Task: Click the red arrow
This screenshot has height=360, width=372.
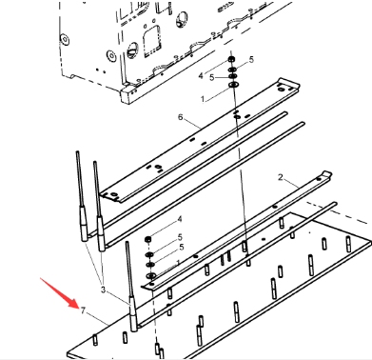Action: tap(59, 293)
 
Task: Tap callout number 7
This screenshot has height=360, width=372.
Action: tap(83, 310)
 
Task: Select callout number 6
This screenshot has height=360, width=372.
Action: tap(181, 117)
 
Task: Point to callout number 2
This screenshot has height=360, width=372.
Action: tap(281, 177)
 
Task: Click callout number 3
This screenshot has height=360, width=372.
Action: tap(103, 290)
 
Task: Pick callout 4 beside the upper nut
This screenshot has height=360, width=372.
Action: tap(201, 76)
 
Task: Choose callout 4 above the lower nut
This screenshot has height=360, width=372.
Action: tap(180, 219)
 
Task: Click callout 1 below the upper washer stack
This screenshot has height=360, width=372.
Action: tap(203, 99)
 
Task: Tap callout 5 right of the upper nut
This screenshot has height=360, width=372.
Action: tap(251, 59)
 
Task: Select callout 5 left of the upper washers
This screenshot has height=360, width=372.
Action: tap(211, 78)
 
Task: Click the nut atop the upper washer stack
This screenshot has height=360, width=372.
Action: tap(231, 59)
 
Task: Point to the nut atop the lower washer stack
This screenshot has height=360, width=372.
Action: tap(147, 239)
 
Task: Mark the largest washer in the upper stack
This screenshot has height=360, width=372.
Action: tap(233, 85)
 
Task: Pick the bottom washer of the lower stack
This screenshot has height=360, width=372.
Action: tap(150, 275)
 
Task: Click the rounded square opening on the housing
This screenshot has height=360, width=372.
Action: tap(151, 41)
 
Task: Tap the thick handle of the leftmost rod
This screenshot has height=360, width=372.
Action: tap(83, 223)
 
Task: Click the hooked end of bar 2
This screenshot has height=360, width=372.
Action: tap(326, 174)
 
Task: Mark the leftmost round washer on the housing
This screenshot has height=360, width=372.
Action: tap(65, 39)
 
